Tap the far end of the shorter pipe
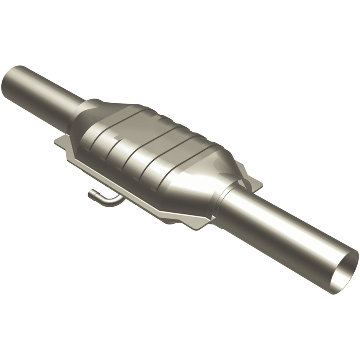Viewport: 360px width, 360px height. point(12,79)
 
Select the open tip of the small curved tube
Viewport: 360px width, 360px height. point(91,194)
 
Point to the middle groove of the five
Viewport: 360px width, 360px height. point(133,151)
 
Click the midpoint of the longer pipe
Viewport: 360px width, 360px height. point(285,234)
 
